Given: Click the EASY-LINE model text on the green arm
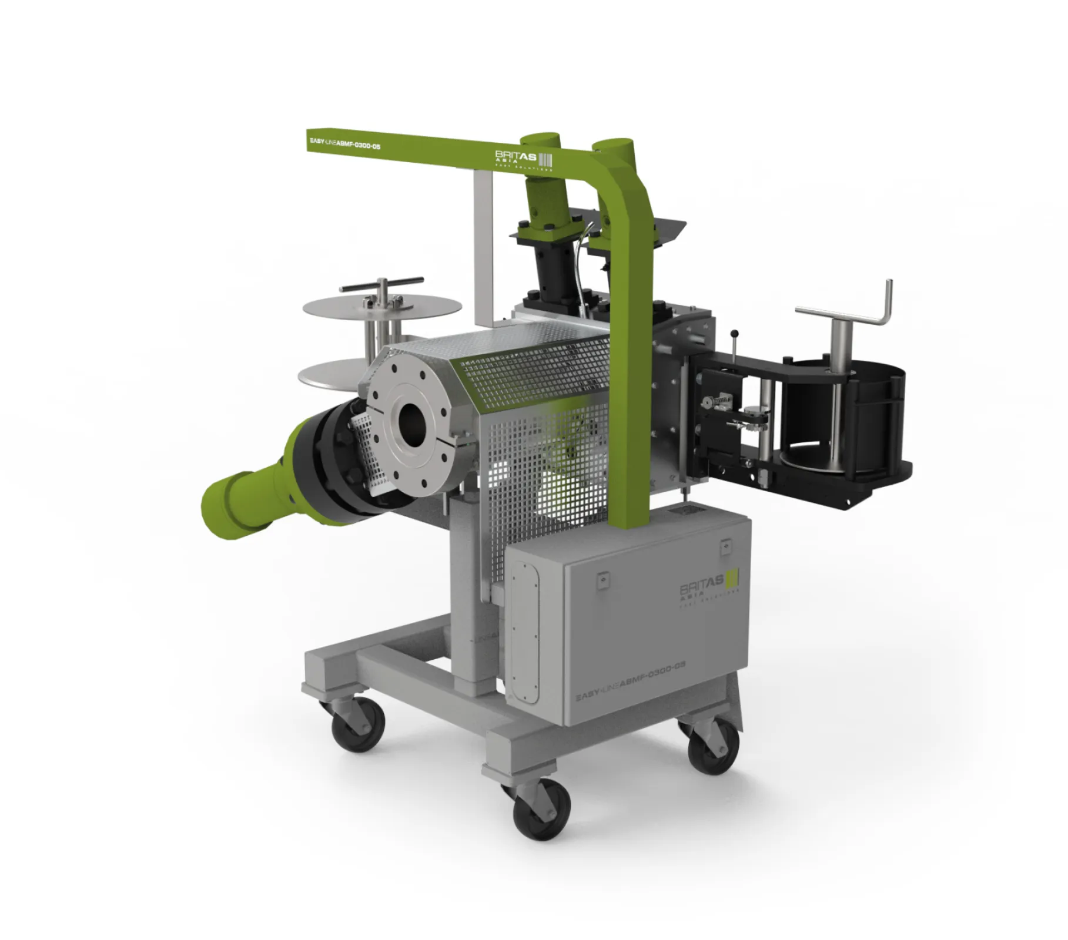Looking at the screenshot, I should (x=344, y=143).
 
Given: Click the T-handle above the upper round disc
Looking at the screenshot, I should (x=381, y=286).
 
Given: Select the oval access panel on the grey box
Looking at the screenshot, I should (x=524, y=631).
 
